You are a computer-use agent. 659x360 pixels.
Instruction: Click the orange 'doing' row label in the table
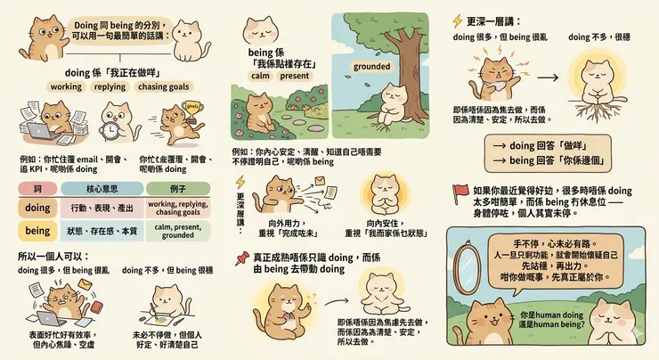[37, 207]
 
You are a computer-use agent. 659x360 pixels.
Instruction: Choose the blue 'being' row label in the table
[37, 230]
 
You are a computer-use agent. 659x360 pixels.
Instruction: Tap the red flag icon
[460, 190]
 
